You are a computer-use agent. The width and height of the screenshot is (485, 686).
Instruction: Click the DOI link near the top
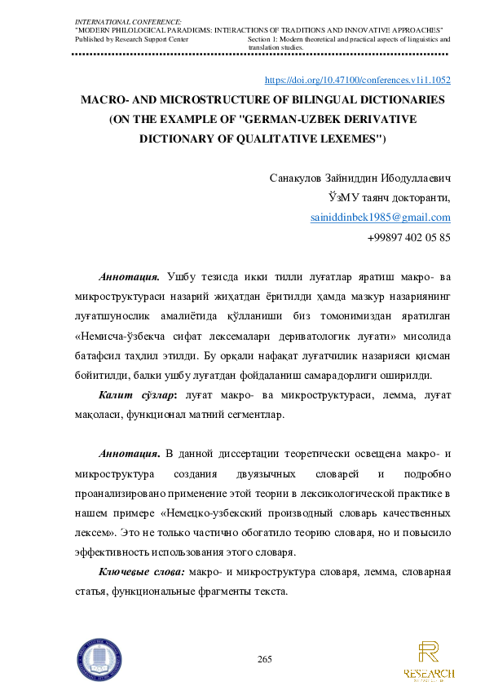(x=359, y=81)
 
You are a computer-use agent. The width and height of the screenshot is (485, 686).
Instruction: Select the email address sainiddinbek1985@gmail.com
(x=381, y=218)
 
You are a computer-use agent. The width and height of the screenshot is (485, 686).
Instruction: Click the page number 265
(x=264, y=658)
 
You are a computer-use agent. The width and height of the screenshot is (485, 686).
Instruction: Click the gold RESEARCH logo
(x=429, y=661)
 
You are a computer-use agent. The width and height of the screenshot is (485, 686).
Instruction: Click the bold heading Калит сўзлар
(x=134, y=395)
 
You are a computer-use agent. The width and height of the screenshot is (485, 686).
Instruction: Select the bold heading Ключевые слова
(x=141, y=571)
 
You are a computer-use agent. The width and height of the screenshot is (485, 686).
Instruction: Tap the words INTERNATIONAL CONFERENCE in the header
(x=129, y=19)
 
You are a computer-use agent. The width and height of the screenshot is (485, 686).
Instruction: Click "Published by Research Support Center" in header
(x=130, y=39)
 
